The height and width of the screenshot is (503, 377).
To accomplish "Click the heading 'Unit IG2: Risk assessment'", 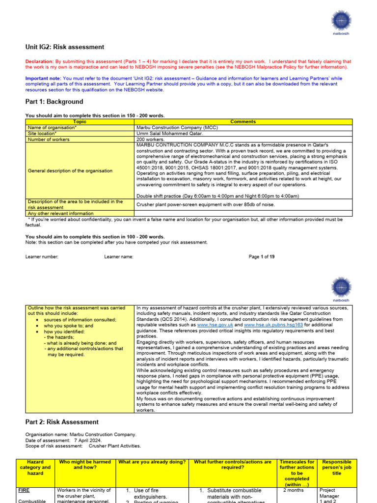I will coord(65,47).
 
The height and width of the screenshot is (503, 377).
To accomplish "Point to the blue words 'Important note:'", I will coord(43,79).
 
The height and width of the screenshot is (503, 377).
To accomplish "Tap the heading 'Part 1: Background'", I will coord(54,102).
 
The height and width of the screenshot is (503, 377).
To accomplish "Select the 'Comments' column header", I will coord(243,121).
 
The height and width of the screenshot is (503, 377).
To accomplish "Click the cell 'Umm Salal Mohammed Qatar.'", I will coord(169,133).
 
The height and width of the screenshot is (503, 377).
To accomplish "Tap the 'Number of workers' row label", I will coord(49,140).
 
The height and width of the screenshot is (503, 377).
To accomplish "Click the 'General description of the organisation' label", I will coord(70,170).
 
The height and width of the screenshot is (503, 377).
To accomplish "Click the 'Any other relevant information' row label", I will coord(60,214).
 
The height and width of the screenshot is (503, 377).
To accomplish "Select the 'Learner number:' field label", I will coord(42,256).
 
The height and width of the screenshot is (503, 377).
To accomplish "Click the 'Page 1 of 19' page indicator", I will coord(262,256).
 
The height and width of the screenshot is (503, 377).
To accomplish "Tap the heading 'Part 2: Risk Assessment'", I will coord(62,422).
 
